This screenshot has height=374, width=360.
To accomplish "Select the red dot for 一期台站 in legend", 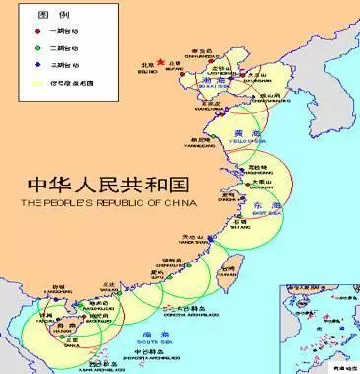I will point(38,31).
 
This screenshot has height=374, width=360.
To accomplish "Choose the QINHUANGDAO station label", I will point(202,55).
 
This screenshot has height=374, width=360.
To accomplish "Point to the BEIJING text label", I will point(146,71).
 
